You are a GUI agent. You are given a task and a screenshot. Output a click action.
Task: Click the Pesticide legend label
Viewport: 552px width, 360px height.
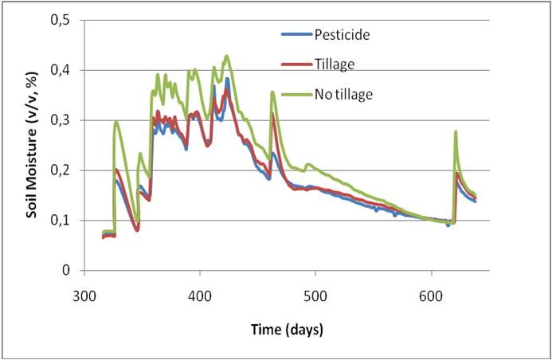click(x=342, y=34)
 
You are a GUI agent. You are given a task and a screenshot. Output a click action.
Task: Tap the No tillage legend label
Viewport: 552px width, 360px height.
click(x=343, y=94)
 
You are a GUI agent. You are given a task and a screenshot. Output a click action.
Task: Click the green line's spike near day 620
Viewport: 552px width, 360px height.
click(x=456, y=131)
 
